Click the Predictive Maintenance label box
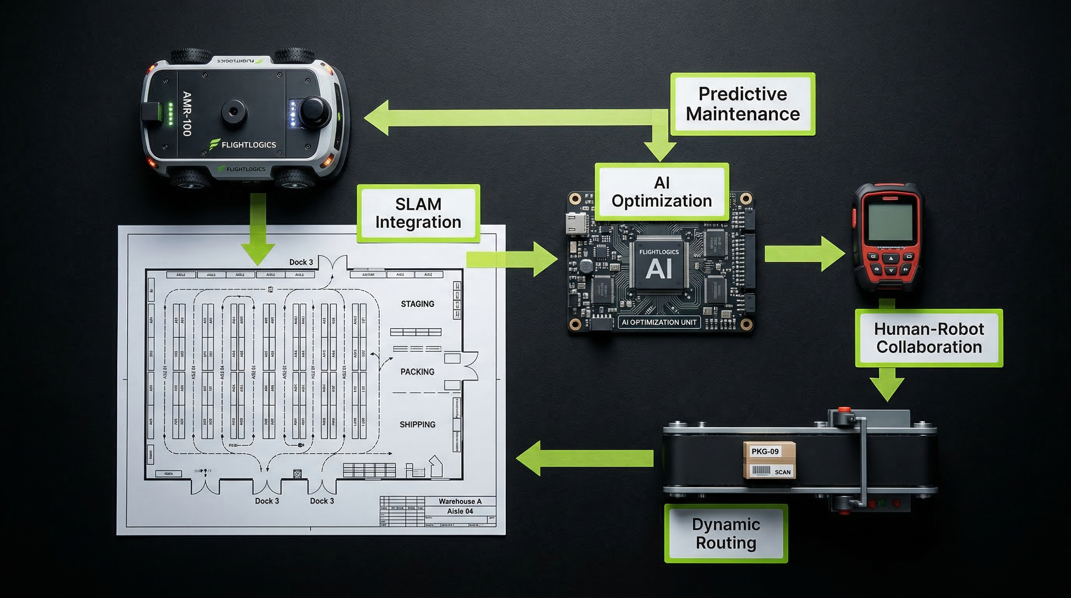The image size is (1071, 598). pyautogui.click(x=743, y=104)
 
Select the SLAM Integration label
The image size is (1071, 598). pyautogui.click(x=418, y=213)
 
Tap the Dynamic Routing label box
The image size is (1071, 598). pyautogui.click(x=726, y=533)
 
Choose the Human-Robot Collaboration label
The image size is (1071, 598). pyautogui.click(x=929, y=338)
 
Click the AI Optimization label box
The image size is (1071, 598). pyautogui.click(x=662, y=192)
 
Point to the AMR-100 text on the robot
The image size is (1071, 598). pyautogui.click(x=187, y=114)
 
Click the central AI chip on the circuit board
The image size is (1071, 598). pyautogui.click(x=659, y=264)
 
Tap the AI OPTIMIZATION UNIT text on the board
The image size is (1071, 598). pyautogui.click(x=659, y=322)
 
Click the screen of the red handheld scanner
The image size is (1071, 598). pyautogui.click(x=890, y=222)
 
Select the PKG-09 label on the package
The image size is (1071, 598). pyautogui.click(x=765, y=452)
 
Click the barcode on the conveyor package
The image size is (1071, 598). pyautogui.click(x=761, y=471)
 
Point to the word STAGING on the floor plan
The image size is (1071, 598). pyautogui.click(x=418, y=304)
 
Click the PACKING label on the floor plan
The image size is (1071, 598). pyautogui.click(x=418, y=372)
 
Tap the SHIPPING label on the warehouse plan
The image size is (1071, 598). pyautogui.click(x=418, y=425)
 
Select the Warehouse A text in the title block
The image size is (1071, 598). pyautogui.click(x=460, y=501)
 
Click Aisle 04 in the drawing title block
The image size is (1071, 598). pyautogui.click(x=460, y=512)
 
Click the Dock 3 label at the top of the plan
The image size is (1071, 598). pyautogui.click(x=301, y=262)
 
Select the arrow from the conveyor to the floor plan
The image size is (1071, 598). pyautogui.click(x=582, y=458)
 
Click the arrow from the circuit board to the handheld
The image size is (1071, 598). pyautogui.click(x=804, y=254)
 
